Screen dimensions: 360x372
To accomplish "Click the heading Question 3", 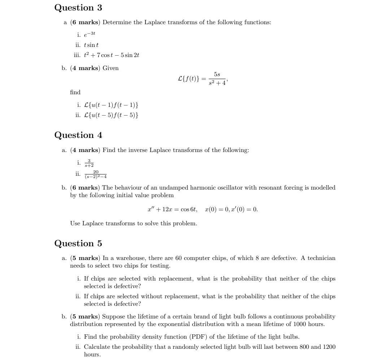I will click(x=78, y=8).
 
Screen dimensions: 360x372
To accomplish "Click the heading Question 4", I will click(x=78, y=135).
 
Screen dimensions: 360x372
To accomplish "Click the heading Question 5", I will click(x=78, y=243).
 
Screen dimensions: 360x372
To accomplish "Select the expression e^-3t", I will click(x=91, y=34).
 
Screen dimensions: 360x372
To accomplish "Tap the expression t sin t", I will click(x=91, y=45).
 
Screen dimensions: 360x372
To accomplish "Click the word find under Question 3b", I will click(x=75, y=92).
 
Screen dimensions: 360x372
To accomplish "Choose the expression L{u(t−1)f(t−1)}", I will click(x=111, y=105).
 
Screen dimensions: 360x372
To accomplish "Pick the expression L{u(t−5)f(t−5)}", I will click(x=111, y=115).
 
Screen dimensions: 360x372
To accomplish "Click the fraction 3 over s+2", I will click(x=89, y=163).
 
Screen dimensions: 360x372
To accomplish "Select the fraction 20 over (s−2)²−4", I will click(x=96, y=174).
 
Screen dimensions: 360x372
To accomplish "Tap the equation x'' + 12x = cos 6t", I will click(x=172, y=209).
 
